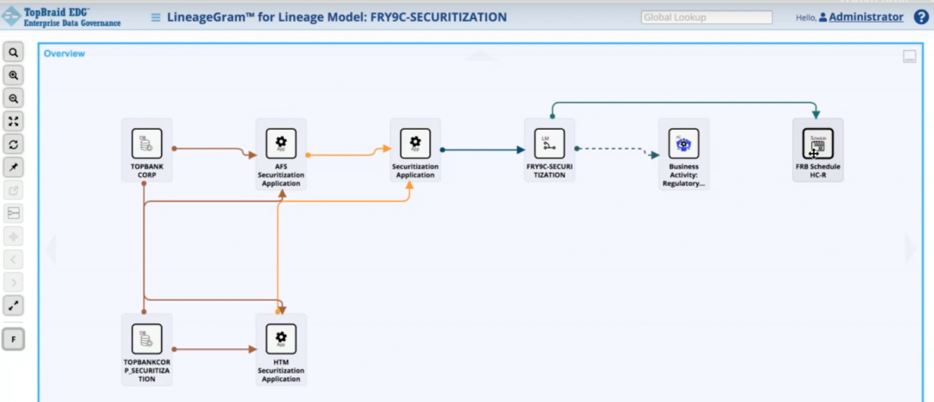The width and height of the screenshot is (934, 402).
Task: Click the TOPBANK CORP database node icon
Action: [x=146, y=143]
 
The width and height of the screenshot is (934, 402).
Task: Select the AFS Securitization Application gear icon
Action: [x=281, y=143]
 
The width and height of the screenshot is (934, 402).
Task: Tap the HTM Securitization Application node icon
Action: [x=281, y=338]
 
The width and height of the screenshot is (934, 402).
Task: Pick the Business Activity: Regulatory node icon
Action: [x=683, y=143]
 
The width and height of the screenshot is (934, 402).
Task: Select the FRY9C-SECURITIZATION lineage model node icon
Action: [x=549, y=143]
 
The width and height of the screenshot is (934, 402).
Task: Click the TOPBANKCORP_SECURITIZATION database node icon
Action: [x=146, y=338]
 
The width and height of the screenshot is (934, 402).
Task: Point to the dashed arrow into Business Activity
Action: [x=614, y=150]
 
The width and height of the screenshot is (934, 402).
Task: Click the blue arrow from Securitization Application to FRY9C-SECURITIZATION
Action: [x=484, y=150]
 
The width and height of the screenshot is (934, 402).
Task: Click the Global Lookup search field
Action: [x=707, y=17]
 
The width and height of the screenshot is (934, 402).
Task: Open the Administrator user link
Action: [x=866, y=16]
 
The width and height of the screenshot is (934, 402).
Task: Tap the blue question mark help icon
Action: [x=921, y=16]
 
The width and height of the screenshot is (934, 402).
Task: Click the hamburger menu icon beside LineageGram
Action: [x=156, y=17]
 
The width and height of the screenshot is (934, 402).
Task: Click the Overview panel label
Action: [x=65, y=54]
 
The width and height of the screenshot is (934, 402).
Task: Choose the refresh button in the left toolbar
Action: [x=14, y=144]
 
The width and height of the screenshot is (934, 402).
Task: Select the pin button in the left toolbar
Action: [x=14, y=167]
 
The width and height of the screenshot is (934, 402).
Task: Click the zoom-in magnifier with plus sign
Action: [x=14, y=75]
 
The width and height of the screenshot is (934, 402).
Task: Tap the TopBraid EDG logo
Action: [x=61, y=16]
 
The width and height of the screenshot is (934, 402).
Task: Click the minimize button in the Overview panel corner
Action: [x=909, y=57]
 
